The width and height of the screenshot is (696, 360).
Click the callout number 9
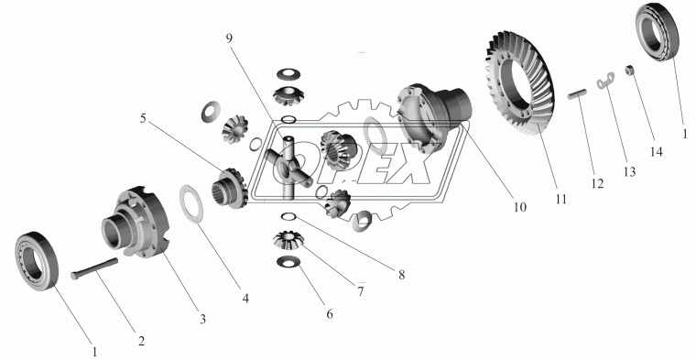click(229, 38)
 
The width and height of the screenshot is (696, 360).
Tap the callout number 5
click(143, 119)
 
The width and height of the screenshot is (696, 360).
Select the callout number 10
click(520, 207)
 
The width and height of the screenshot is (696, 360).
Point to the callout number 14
click(656, 152)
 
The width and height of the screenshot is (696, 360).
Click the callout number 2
click(141, 341)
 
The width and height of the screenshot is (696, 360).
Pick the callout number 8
click(401, 275)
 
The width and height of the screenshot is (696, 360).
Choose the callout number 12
click(597, 183)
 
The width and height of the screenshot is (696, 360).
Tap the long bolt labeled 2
click(94, 269)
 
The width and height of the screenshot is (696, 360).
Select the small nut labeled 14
click(629, 71)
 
